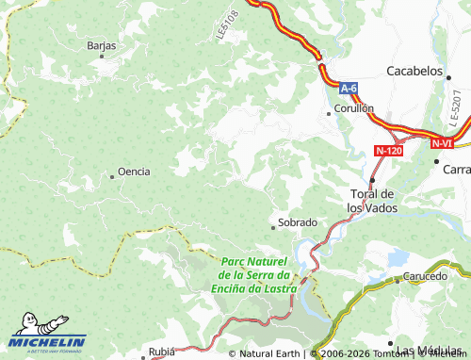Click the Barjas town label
(x=101, y=45)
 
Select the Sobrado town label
(x=297, y=223)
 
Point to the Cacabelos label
(x=414, y=71)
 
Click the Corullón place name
(x=355, y=108)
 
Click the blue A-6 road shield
(x=349, y=89)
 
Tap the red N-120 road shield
(x=390, y=151)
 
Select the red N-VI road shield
(x=443, y=143)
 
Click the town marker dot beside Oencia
(x=111, y=173)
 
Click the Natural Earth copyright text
(x=268, y=354)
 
